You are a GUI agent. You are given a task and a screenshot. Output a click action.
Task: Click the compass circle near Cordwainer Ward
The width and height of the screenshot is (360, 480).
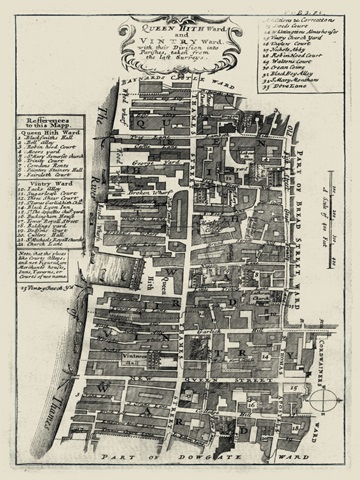coord(321,400)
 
